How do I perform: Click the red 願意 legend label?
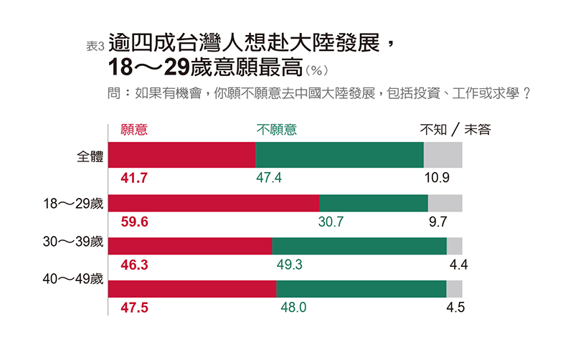click(x=134, y=130)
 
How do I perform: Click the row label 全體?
click(x=90, y=157)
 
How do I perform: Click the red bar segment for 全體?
click(x=182, y=155)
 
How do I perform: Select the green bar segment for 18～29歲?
click(x=373, y=203)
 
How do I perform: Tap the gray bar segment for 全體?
click(x=442, y=155)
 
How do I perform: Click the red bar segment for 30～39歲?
click(x=190, y=245)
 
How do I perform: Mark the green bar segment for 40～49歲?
click(x=361, y=288)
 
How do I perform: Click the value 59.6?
click(x=134, y=222)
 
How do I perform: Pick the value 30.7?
click(x=331, y=222)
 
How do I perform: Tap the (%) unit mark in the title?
click(x=316, y=70)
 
